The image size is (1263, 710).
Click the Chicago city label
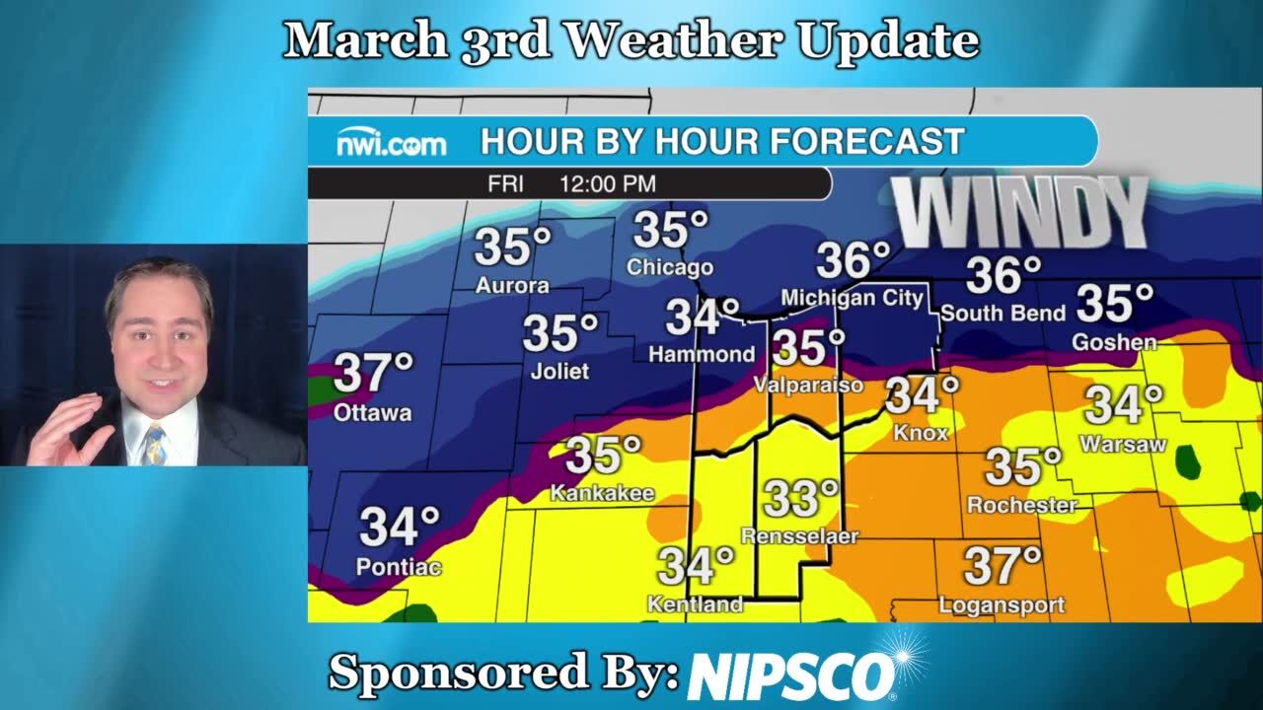pos(669,267)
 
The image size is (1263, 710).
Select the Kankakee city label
pos(602,492)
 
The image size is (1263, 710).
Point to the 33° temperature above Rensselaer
pos(800,499)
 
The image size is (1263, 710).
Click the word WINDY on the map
pos(1021,212)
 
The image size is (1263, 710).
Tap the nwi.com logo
pos(392,144)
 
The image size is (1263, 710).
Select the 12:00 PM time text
pos(607,184)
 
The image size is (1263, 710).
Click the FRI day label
pos(505,184)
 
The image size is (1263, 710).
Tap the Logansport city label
pos(1002,604)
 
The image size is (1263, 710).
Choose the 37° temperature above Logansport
pos(1003,566)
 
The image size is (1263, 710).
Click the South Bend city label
pos(1003,314)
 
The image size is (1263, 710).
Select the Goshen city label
pos(1115,342)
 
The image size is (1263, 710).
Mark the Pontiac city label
pos(398,567)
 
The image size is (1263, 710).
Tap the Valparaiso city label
pos(808,386)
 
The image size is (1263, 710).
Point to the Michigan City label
pos(852,298)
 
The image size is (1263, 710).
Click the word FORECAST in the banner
pos(865,142)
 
